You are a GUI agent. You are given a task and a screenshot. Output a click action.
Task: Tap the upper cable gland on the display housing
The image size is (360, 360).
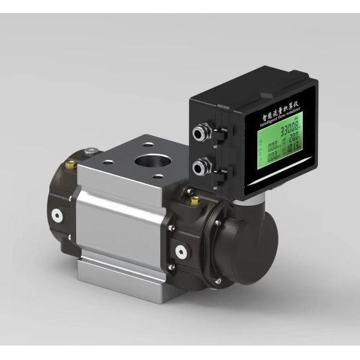(x=201, y=129)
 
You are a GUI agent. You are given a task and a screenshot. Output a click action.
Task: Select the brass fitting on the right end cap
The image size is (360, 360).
(x=194, y=205)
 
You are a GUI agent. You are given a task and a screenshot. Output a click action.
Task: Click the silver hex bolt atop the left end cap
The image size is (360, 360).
(x=90, y=151)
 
